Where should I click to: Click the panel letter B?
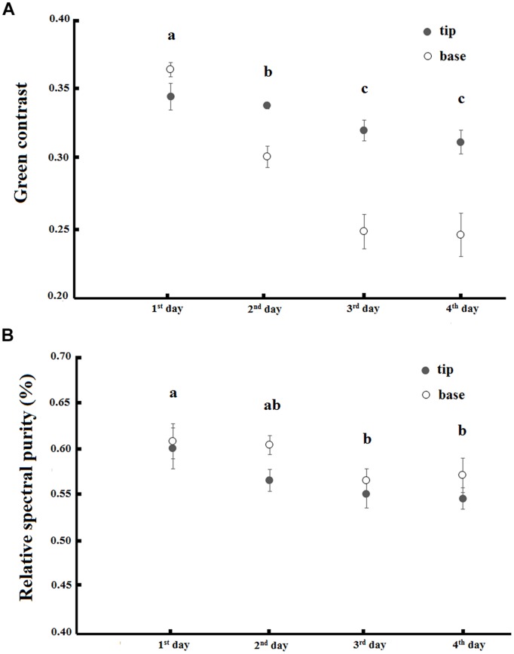point(8,337)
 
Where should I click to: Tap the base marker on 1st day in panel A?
point(170,69)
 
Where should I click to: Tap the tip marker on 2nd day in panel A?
point(267,105)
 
